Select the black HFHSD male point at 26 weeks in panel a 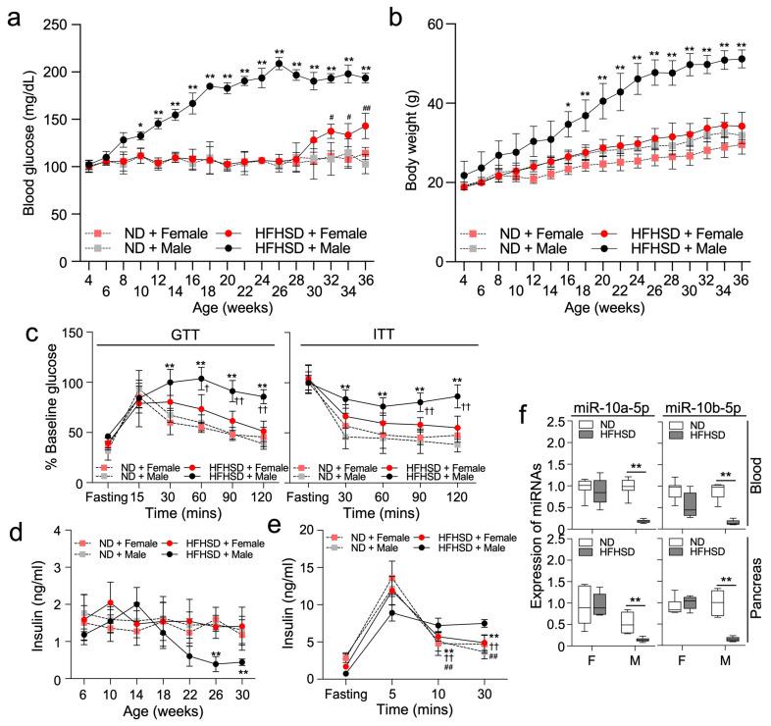pos(279,64)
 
